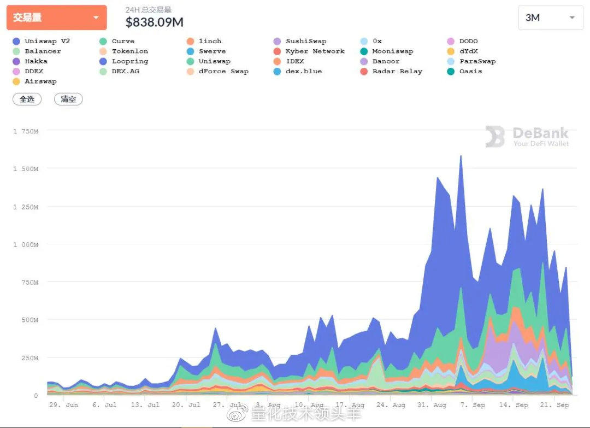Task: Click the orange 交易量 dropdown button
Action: click(56, 17)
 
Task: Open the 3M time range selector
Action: click(550, 17)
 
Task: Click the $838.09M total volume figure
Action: click(155, 22)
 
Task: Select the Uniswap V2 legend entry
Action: click(47, 41)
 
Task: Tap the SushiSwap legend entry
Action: click(305, 41)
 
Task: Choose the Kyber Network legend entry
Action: click(315, 51)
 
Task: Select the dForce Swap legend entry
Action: click(223, 71)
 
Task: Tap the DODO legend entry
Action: click(468, 41)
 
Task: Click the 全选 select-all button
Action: click(27, 99)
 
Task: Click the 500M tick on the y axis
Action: click(29, 320)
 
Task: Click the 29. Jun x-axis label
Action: click(63, 405)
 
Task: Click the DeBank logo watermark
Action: click(527, 137)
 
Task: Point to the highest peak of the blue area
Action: click(461, 156)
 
